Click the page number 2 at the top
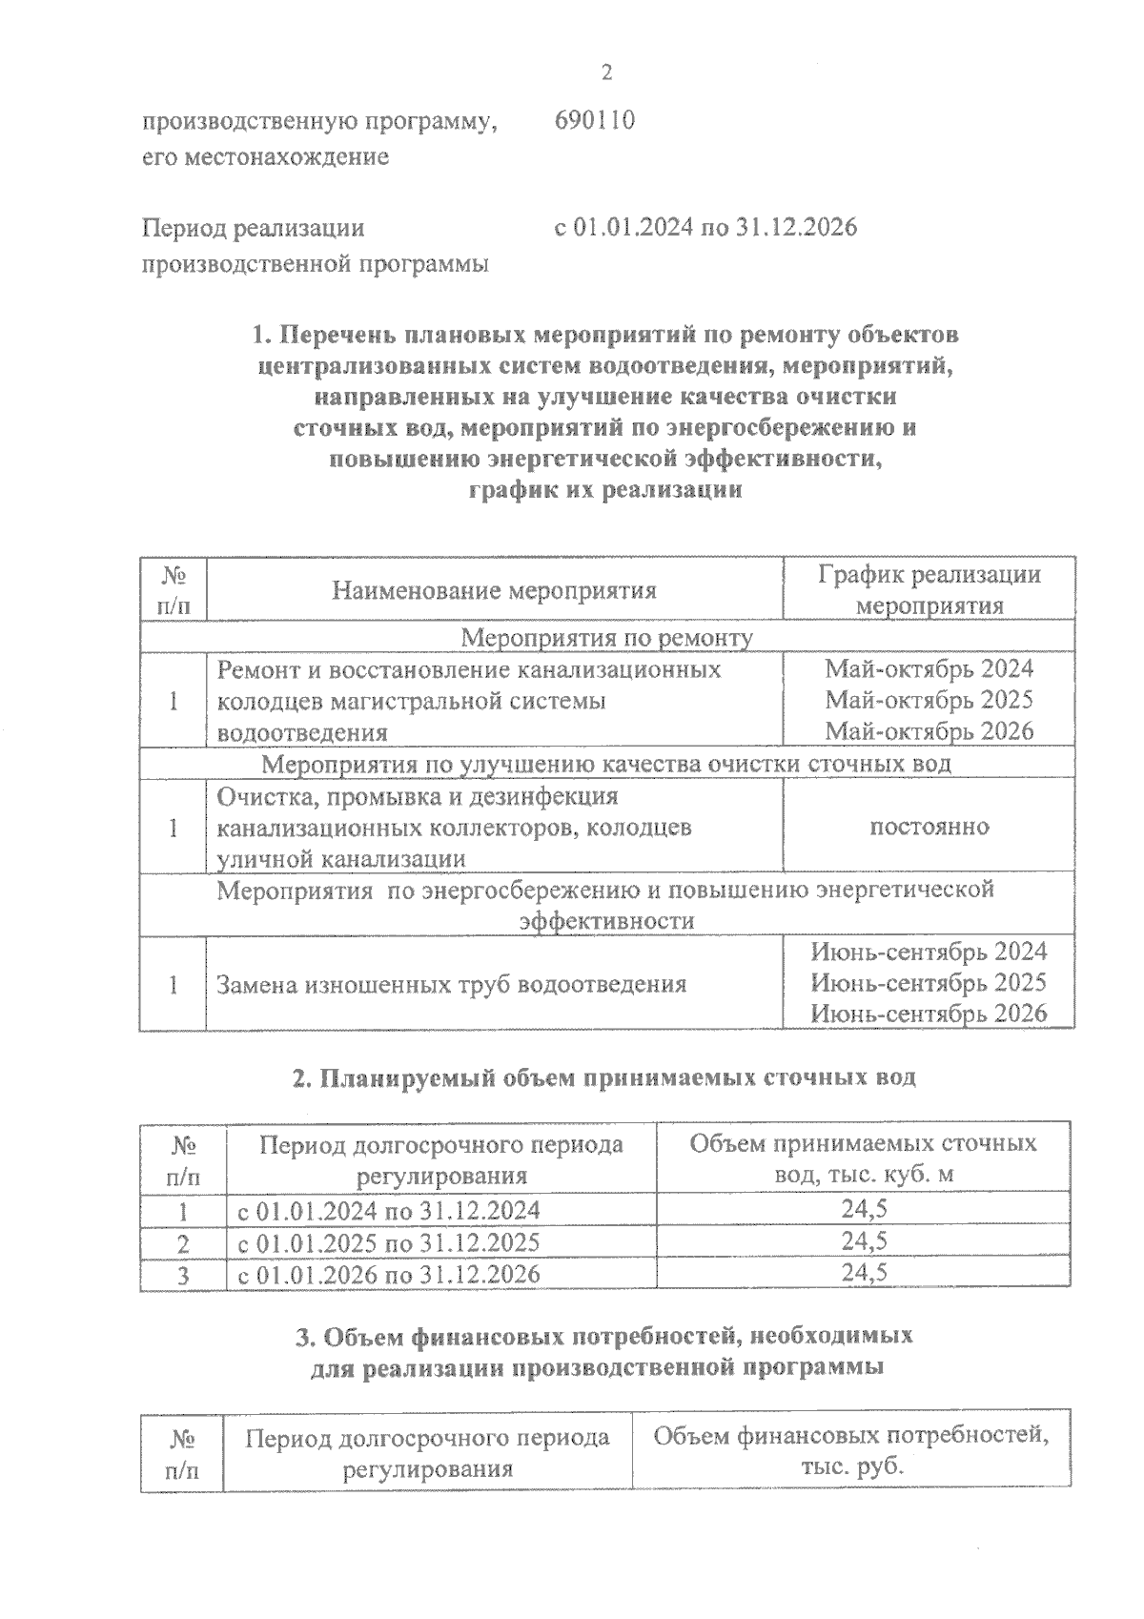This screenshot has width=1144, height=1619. tap(605, 73)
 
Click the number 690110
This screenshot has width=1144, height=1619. tap(594, 121)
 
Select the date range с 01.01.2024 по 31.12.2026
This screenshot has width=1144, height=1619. tap(705, 228)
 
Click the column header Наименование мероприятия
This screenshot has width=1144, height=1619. tap(494, 591)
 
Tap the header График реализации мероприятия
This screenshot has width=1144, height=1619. tap(929, 590)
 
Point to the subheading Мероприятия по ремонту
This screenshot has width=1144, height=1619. tap(606, 637)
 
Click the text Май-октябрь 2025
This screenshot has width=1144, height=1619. tap(929, 700)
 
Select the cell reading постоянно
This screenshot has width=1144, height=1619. tap(929, 827)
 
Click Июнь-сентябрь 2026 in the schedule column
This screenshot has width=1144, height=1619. tap(929, 1014)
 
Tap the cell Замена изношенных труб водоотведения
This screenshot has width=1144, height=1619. tap(452, 984)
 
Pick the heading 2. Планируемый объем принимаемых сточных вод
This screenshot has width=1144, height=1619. tap(603, 1077)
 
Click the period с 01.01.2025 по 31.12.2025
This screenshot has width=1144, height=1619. tap(388, 1242)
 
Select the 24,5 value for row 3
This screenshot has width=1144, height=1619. tap(864, 1274)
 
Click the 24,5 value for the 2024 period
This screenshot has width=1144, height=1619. tap(864, 1210)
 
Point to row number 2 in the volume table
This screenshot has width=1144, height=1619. tap(183, 1243)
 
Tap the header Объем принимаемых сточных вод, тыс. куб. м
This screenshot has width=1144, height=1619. tap(863, 1158)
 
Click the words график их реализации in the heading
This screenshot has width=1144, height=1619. tap(605, 491)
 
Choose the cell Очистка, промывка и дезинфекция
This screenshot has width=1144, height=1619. tap(418, 796)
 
